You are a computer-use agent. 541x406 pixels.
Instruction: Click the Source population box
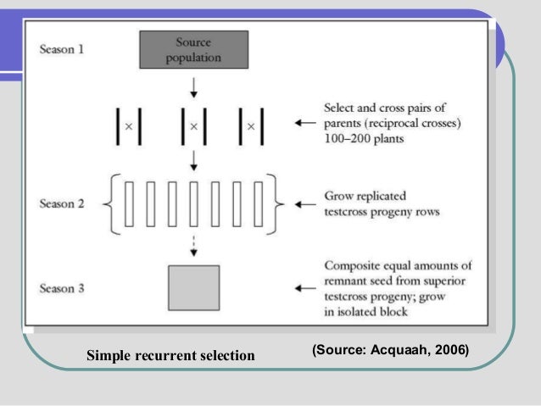(x=193, y=50)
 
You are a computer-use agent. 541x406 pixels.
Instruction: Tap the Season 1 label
(x=62, y=48)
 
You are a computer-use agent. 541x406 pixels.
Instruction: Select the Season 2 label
(x=62, y=204)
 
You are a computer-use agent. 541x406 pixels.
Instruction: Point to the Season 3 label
(x=62, y=288)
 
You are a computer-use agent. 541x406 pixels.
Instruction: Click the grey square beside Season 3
(x=193, y=286)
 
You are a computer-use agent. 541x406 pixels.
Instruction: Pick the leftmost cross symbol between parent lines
(x=129, y=126)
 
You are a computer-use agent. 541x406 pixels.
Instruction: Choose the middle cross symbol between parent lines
(x=193, y=126)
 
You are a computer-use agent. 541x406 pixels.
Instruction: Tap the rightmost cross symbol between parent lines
(x=250, y=126)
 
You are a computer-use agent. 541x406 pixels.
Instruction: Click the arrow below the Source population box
(x=193, y=86)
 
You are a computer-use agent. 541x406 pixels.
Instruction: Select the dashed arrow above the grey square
(x=193, y=246)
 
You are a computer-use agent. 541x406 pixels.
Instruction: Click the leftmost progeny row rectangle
(x=130, y=203)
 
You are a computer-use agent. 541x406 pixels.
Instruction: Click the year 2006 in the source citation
(x=449, y=350)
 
